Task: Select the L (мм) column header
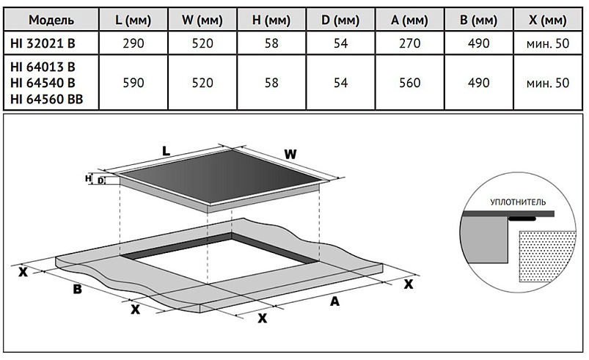point(134,18)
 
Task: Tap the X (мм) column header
point(547,18)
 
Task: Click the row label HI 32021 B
point(43,43)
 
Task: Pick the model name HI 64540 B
point(43,83)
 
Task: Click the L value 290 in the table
point(134,43)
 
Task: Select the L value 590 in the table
point(134,83)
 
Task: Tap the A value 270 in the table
point(405,43)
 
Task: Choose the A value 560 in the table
point(405,83)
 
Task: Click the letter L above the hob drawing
point(167,151)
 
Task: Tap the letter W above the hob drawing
point(290,155)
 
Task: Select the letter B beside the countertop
point(76,290)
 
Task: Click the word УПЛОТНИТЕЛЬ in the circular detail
point(519,200)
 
